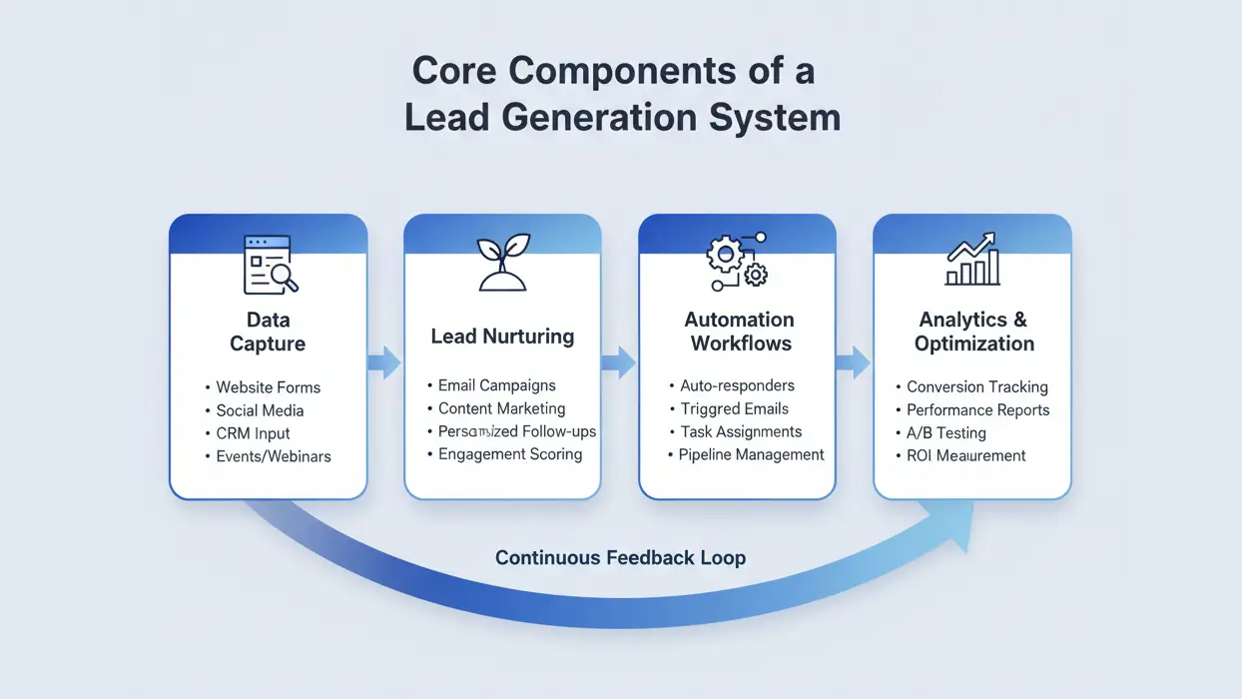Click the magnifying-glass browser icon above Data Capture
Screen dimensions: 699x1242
pyautogui.click(x=271, y=265)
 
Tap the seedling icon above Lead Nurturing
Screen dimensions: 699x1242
pyautogui.click(x=502, y=263)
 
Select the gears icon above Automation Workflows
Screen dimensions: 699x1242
pyautogui.click(x=737, y=263)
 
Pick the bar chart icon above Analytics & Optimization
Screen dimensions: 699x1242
pyautogui.click(x=972, y=262)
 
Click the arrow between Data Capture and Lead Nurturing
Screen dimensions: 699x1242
pyautogui.click(x=384, y=361)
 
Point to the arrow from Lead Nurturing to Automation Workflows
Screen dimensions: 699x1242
pyautogui.click(x=619, y=361)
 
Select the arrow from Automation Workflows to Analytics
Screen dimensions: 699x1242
pyautogui.click(x=854, y=361)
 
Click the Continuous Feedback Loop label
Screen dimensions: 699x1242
pyautogui.click(x=620, y=557)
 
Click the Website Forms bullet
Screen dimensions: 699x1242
pyautogui.click(x=268, y=387)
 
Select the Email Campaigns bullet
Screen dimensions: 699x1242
pyautogui.click(x=496, y=385)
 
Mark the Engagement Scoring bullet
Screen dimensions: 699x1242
pyautogui.click(x=509, y=454)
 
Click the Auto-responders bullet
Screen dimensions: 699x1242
pyautogui.click(x=737, y=385)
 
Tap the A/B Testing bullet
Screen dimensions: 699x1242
pyautogui.click(x=945, y=433)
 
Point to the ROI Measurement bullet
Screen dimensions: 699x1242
pyautogui.click(x=965, y=455)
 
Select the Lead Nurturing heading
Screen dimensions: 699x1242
pyautogui.click(x=502, y=337)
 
